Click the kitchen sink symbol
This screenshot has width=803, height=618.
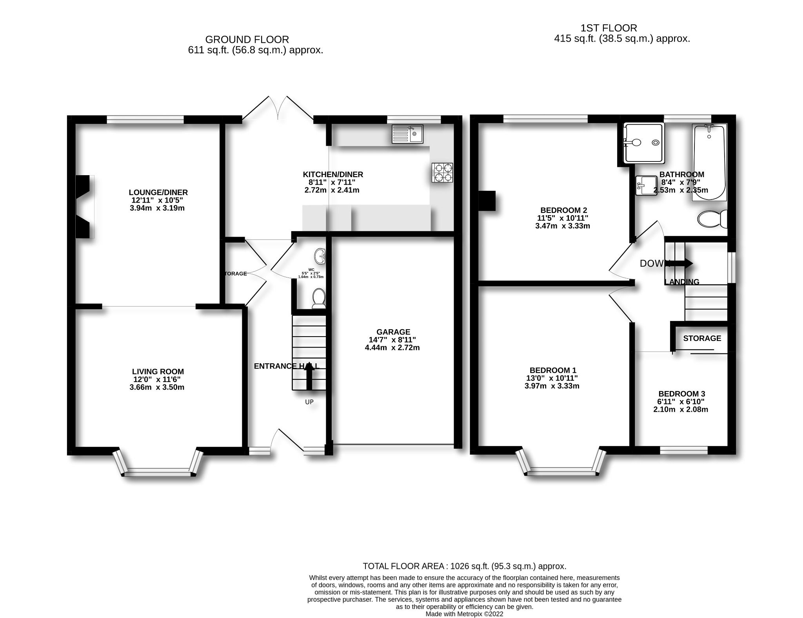coord(407,134)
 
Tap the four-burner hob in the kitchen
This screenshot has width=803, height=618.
coord(442,172)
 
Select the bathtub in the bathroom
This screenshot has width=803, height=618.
coord(709,162)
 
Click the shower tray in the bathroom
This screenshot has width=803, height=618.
coord(644,143)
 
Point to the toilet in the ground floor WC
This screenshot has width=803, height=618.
coord(318,298)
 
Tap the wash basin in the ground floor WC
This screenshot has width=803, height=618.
coord(320,256)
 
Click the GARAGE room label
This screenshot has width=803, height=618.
coord(393,332)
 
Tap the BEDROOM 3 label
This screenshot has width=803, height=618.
coord(681,394)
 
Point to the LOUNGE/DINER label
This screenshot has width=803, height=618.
coord(158,192)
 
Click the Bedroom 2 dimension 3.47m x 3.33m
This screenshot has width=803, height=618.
coord(563,226)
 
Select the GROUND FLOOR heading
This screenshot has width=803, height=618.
coord(247,40)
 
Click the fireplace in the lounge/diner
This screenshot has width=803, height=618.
coord(84,207)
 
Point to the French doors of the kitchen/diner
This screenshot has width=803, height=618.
coord(278,109)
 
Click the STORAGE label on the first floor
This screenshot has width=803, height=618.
coord(702,338)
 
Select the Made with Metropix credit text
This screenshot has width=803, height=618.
coord(464,614)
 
